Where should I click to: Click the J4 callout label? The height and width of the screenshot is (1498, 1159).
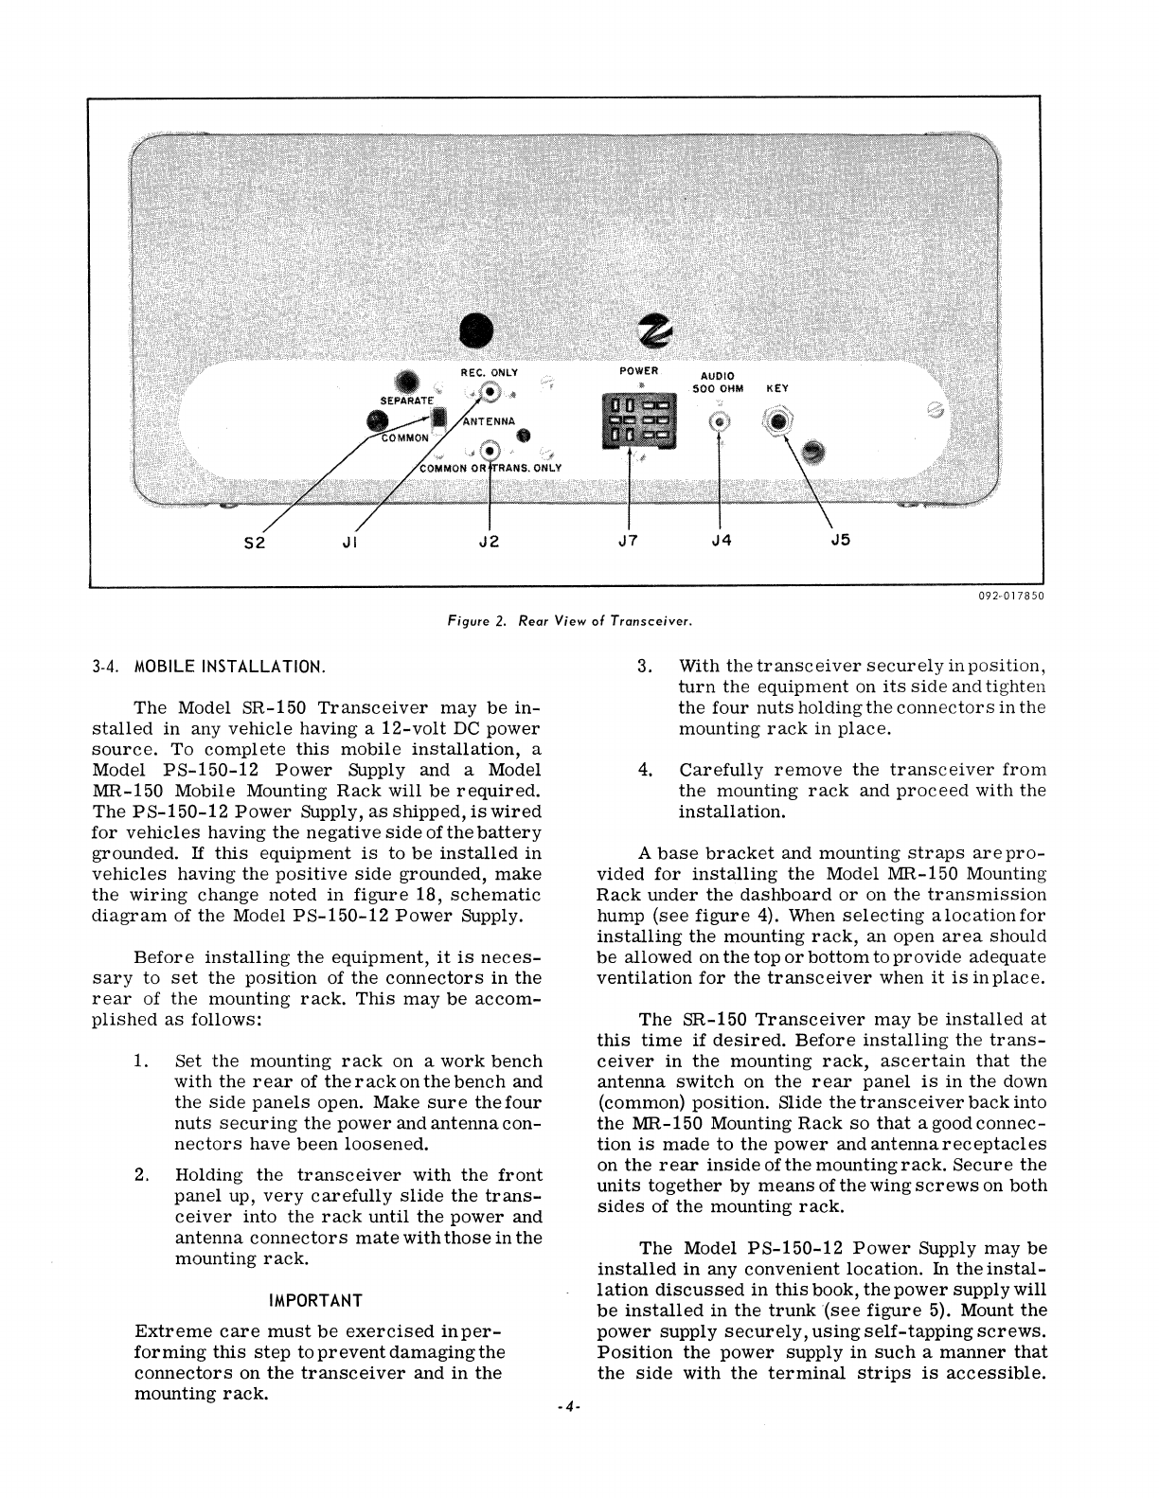click(721, 541)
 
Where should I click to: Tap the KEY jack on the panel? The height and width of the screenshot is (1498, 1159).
click(778, 421)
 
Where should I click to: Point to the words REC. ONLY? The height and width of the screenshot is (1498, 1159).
click(490, 373)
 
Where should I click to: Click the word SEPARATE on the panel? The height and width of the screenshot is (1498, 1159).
click(407, 401)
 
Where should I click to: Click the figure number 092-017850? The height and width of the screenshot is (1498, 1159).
click(1010, 597)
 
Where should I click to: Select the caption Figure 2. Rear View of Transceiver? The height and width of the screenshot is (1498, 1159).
click(571, 622)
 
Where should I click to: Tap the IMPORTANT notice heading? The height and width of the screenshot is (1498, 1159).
click(316, 1300)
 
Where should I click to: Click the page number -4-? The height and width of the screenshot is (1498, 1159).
click(568, 1408)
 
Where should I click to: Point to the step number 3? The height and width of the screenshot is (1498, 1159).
click(644, 666)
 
